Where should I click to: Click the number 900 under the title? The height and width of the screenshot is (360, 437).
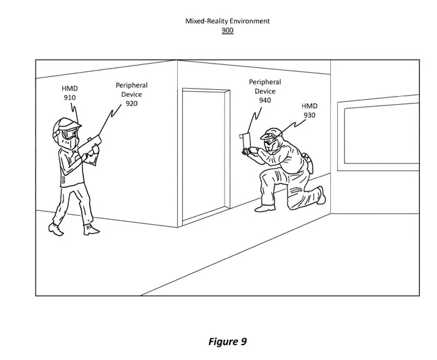point(227,30)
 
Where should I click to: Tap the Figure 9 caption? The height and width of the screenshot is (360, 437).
point(227,341)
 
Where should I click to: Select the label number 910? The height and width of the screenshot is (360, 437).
point(70,97)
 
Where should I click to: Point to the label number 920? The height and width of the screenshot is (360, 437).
point(132,104)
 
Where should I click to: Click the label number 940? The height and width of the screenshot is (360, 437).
point(265,100)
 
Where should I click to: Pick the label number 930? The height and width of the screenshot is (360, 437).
point(310,115)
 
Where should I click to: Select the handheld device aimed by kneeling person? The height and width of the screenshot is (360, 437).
point(245,144)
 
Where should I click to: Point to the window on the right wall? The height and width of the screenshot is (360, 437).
point(378,133)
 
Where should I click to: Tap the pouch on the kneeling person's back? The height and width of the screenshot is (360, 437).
point(308,163)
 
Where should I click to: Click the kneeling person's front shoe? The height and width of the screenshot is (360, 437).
point(265,208)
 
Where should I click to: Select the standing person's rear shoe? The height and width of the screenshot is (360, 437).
point(56,229)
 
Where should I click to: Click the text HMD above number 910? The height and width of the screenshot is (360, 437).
point(70,89)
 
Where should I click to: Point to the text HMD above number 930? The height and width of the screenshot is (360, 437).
point(310,106)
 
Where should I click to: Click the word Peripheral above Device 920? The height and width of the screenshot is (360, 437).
point(132,85)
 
